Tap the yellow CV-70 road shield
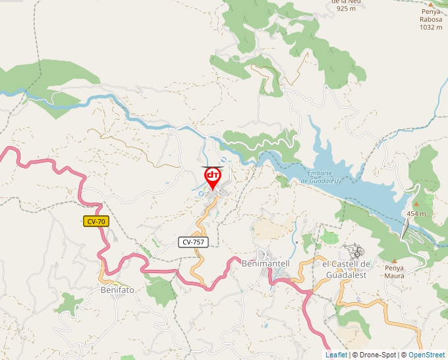point(96,222)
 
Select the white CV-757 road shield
point(194,242)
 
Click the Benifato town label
point(117,290)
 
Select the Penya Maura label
point(394,272)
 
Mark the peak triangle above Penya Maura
point(394,261)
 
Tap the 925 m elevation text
point(347,9)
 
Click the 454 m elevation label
point(416,214)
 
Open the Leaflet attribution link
point(336,355)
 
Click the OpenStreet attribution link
point(426,355)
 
